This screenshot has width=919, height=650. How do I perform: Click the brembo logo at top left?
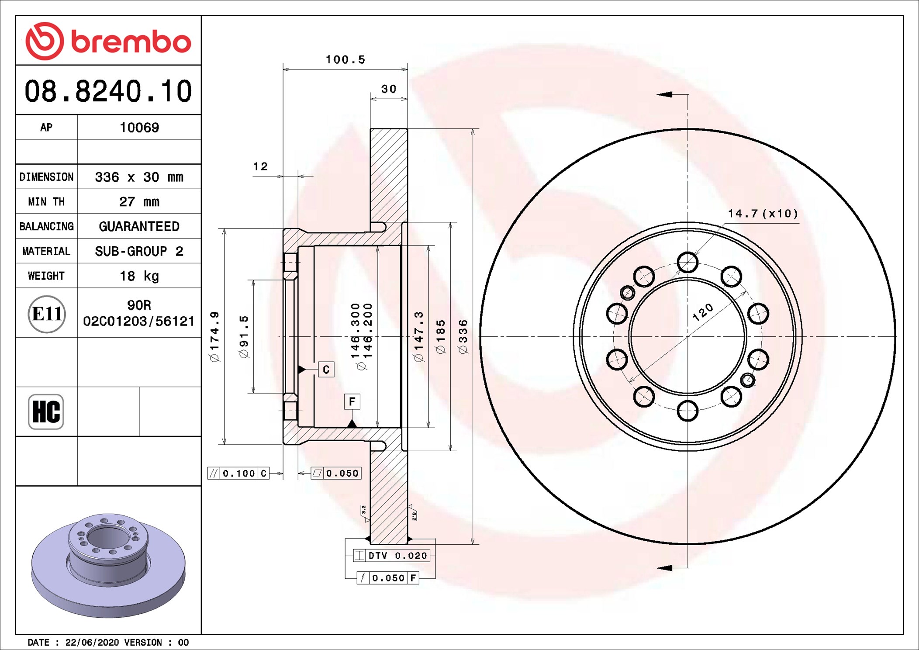pyautogui.click(x=108, y=41)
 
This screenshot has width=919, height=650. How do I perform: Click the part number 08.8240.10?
pyautogui.click(x=108, y=91)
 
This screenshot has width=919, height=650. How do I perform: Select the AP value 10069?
pyautogui.click(x=139, y=128)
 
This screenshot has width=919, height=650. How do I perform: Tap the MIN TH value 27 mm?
pyautogui.click(x=139, y=202)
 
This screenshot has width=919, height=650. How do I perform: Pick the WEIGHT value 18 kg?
pyautogui.click(x=139, y=276)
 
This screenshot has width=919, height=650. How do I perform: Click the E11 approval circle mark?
pyautogui.click(x=47, y=314)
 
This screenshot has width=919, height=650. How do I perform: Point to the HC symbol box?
pyautogui.click(x=46, y=411)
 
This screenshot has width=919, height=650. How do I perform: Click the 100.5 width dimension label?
pyautogui.click(x=345, y=59)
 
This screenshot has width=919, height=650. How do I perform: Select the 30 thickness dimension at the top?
pyautogui.click(x=389, y=89)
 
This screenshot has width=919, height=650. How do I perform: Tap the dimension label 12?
pyautogui.click(x=260, y=166)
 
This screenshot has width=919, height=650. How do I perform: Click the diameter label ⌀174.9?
pyautogui.click(x=214, y=336)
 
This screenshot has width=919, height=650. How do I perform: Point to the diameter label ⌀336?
pyautogui.click(x=463, y=336)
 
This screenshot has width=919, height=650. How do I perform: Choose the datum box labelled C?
pyautogui.click(x=326, y=370)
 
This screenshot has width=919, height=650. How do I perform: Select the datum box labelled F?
pyautogui.click(x=352, y=401)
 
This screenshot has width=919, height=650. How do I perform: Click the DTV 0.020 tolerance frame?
pyautogui.click(x=392, y=556)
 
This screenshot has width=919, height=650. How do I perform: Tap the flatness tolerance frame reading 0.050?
pyautogui.click(x=336, y=473)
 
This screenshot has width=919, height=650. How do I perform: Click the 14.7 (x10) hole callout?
pyautogui.click(x=763, y=214)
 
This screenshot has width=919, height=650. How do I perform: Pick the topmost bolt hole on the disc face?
pyautogui.click(x=688, y=262)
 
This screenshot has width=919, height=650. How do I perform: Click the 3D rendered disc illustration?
pyautogui.click(x=108, y=564)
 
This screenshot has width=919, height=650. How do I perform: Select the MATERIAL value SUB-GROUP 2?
pyautogui.click(x=139, y=251)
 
